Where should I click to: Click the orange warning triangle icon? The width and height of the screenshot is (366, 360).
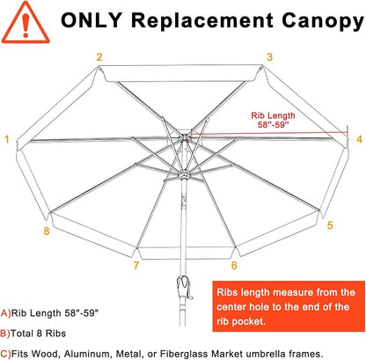(x=26, y=23)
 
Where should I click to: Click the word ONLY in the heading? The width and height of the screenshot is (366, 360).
(x=91, y=20)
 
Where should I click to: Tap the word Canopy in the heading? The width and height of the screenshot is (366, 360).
(x=323, y=22)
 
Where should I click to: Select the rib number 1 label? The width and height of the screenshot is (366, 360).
(x=7, y=139)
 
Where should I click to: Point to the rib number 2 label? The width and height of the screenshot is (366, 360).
(x=99, y=57)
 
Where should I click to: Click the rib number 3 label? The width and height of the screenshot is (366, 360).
(x=269, y=57)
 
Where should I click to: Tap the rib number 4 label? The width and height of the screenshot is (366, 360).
(x=359, y=139)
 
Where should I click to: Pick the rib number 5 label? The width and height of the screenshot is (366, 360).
(x=330, y=225)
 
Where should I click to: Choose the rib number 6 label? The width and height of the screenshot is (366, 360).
(x=234, y=265)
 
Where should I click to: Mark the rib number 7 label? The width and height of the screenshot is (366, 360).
(x=136, y=265)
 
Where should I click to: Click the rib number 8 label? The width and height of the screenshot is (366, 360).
(x=47, y=231)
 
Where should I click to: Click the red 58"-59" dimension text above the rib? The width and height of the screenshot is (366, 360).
(x=273, y=125)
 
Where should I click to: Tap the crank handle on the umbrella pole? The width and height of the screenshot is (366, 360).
(x=185, y=287)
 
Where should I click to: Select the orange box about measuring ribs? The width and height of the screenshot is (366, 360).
(x=289, y=306)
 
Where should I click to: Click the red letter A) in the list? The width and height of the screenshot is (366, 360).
(x=6, y=313)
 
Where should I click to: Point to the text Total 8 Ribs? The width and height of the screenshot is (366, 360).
(x=38, y=334)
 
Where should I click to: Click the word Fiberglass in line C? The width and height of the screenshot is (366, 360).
(x=185, y=354)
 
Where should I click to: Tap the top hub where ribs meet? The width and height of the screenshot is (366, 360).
(x=184, y=137)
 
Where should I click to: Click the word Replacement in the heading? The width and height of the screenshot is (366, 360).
(x=202, y=20)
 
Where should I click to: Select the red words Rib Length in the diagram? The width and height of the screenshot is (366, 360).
(x=273, y=115)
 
